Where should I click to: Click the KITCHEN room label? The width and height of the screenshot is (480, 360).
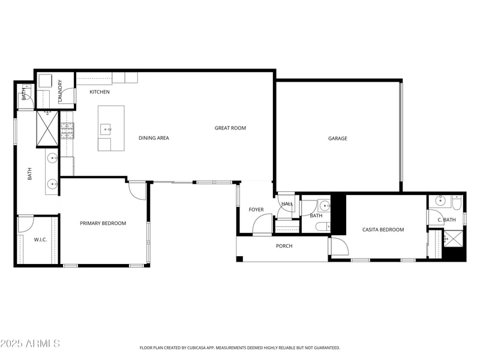tap(100, 92)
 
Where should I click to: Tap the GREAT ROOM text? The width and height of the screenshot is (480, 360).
tap(230, 128)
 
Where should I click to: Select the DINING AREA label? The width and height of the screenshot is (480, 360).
tap(154, 138)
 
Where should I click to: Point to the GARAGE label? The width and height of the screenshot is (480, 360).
tap(338, 139)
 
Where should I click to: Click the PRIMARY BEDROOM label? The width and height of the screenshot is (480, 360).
tap(103, 223)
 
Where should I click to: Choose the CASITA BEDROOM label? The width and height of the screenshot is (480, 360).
tap(383, 230)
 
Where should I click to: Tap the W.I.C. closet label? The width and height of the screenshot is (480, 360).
tap(40, 239)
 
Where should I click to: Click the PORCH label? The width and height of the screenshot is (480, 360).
tap(284, 246)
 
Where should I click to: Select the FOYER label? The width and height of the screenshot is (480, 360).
tap(256, 209)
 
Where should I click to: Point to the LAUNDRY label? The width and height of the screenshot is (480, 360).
tap(60, 91)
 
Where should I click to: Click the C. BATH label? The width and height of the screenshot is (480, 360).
tap(446, 220)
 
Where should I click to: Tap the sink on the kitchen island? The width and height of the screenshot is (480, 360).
tap(105, 128)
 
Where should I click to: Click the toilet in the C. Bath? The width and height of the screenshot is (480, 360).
tap(456, 203)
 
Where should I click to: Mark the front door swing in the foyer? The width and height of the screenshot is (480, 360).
tap(262, 224)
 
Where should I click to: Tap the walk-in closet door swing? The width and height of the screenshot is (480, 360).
tap(25, 224)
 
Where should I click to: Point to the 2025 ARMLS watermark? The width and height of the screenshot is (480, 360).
tap(30, 344)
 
